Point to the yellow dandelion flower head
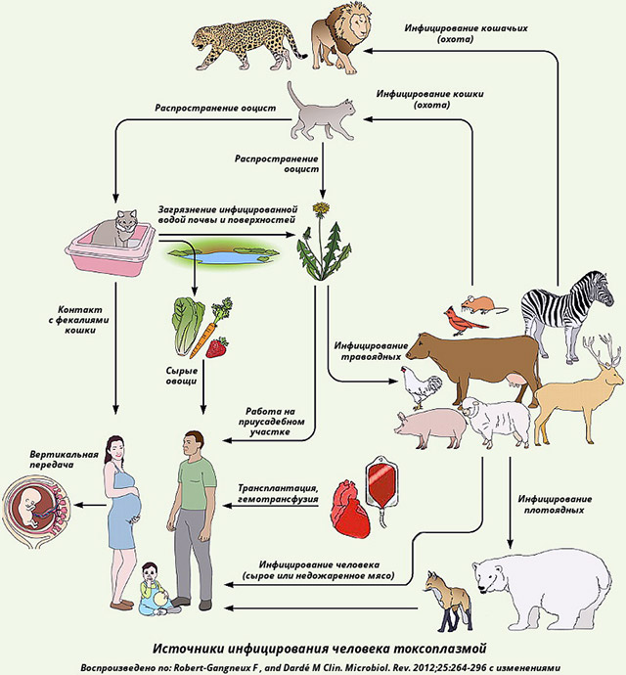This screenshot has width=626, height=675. click(320, 210)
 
